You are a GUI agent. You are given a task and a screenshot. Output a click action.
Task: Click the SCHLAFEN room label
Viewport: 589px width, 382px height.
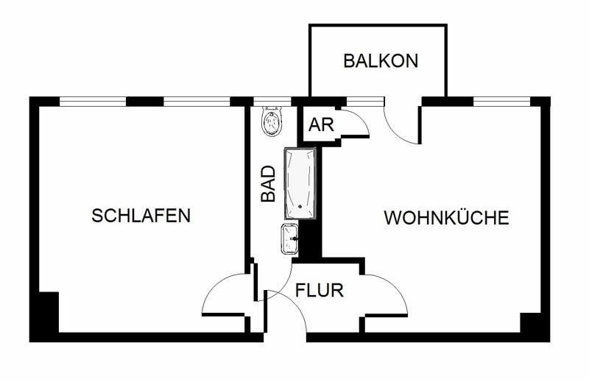[141, 216]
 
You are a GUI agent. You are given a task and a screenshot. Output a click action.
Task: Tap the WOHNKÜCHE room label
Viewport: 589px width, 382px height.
[446, 218]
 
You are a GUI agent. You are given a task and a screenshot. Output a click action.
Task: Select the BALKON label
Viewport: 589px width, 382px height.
[381, 60]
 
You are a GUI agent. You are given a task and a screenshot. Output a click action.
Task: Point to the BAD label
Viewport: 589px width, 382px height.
[269, 183]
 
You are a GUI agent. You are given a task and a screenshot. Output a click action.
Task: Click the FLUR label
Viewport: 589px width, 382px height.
[320, 290]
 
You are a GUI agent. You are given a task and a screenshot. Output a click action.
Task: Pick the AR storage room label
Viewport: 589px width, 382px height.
[321, 125]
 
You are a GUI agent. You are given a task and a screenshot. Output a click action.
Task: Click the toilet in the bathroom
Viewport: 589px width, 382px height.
[272, 121]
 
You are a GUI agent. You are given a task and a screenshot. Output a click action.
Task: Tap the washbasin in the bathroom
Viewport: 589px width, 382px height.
[289, 238]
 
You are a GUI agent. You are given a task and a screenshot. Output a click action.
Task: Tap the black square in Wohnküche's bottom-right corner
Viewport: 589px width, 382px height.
[532, 323]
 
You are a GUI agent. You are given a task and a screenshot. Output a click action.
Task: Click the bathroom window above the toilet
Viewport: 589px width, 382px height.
[272, 101]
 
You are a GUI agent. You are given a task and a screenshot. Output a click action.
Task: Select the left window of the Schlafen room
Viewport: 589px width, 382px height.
[93, 101]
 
